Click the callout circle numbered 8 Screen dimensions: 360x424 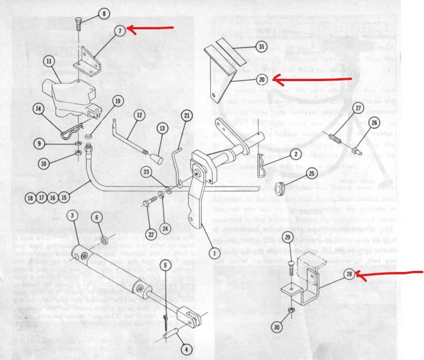103,13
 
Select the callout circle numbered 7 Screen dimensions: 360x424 119,30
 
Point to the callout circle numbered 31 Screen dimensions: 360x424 261,47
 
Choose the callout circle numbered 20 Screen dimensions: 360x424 262,79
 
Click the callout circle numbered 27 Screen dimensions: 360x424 358,108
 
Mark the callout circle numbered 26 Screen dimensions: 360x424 374,122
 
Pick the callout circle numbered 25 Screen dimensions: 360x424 313,173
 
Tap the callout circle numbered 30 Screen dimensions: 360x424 276,327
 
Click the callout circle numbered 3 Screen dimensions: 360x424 72,216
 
